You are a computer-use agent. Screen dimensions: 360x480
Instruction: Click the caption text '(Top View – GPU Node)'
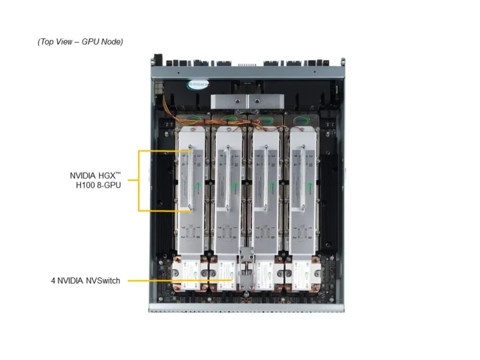pyautogui.click(x=80, y=41)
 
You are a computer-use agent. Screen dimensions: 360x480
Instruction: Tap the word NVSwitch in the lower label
pyautogui.click(x=101, y=280)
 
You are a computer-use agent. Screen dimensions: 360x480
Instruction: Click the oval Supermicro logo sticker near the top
pyautogui.click(x=199, y=85)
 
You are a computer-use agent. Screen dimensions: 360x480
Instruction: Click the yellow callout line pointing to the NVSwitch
pyautogui.click(x=180, y=280)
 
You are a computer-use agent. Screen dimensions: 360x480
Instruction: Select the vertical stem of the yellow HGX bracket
pyautogui.click(x=139, y=181)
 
